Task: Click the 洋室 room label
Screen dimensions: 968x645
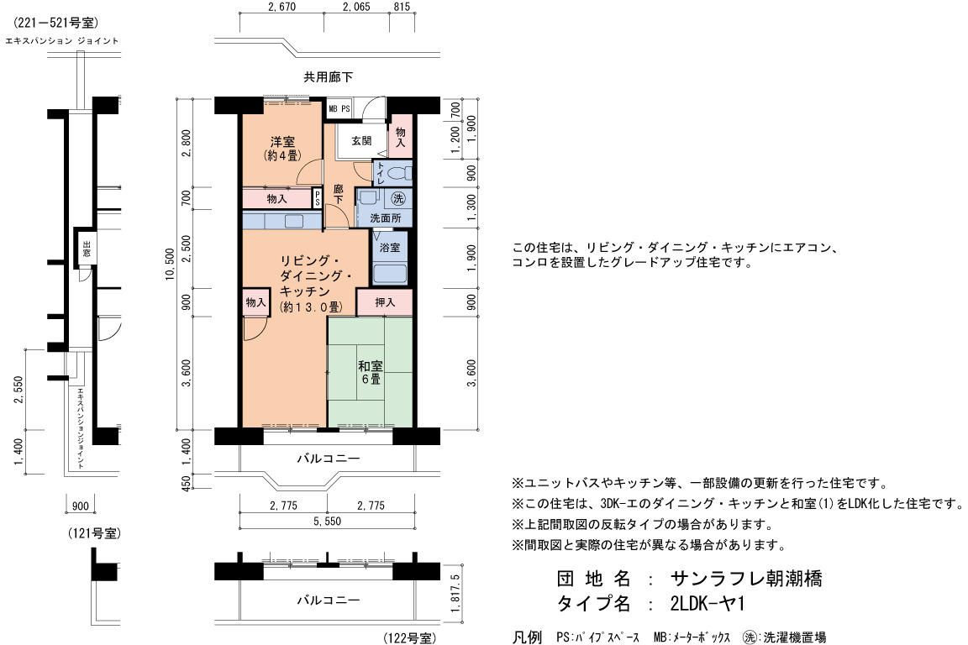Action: click(282, 141)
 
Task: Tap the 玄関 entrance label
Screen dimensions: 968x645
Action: click(362, 141)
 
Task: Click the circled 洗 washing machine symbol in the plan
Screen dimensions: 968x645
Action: click(399, 198)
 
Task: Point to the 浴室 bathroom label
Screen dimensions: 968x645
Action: click(390, 247)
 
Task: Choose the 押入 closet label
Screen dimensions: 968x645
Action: click(385, 302)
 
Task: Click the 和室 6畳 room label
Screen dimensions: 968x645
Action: click(371, 372)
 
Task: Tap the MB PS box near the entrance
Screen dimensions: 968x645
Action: click(339, 108)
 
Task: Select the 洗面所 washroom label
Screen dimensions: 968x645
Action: click(386, 218)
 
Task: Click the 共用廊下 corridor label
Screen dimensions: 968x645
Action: click(329, 77)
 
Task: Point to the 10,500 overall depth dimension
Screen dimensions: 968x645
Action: click(171, 265)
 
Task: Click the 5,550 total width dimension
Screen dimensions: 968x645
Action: click(327, 521)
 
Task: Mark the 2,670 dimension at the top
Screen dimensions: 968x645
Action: click(282, 7)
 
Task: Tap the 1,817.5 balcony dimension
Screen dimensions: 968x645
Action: click(455, 593)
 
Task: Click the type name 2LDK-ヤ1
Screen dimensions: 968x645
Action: click(708, 603)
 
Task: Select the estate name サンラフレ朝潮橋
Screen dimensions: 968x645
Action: click(746, 579)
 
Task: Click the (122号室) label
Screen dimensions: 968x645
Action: click(410, 637)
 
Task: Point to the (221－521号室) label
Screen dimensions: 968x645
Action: click(55, 23)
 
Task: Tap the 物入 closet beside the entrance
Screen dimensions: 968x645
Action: click(400, 136)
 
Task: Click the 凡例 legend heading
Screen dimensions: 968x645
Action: click(527, 637)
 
